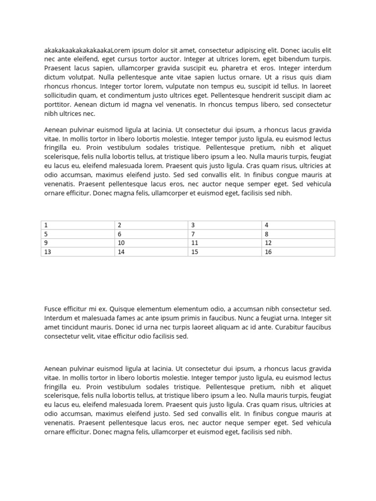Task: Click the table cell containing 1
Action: tap(78, 225)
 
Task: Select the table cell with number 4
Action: tap(298, 225)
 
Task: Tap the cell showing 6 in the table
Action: tap(151, 234)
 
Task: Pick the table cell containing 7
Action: tap(225, 234)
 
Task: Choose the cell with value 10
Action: tap(151, 243)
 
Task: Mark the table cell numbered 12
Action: tap(298, 243)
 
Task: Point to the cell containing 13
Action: tap(78, 251)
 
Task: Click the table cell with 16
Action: tap(298, 251)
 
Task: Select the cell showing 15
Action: tap(225, 251)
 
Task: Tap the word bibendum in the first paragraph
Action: tap(291, 59)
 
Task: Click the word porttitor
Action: tap(58, 105)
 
